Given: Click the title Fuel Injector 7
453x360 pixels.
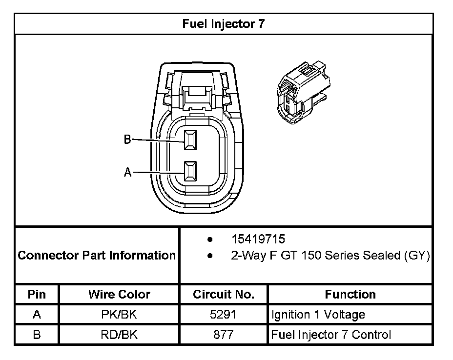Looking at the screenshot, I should pyautogui.click(x=224, y=24).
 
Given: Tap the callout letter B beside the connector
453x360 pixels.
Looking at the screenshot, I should pyautogui.click(x=127, y=140).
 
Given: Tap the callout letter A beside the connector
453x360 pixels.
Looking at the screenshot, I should pyautogui.click(x=128, y=172).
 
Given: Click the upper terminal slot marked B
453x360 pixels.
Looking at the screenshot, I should pyautogui.click(x=190, y=140).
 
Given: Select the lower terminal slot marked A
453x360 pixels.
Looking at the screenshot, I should pyautogui.click(x=190, y=172).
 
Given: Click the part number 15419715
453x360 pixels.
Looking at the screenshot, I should pyautogui.click(x=258, y=240).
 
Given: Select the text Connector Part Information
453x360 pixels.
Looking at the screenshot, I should pyautogui.click(x=97, y=255).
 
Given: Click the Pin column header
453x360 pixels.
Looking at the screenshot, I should pyautogui.click(x=37, y=294).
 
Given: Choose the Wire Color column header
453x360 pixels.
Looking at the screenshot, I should pyautogui.click(x=119, y=294).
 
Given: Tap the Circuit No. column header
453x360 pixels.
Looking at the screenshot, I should pyautogui.click(x=224, y=294).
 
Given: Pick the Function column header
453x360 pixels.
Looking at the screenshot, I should pyautogui.click(x=350, y=294).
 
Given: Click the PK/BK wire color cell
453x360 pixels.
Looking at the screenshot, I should pyautogui.click(x=119, y=315).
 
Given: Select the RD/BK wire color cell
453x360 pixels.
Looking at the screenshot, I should pyautogui.click(x=119, y=335).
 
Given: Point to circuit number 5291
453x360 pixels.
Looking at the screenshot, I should pyautogui.click(x=223, y=315).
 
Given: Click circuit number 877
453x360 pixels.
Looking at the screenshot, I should pyautogui.click(x=223, y=335).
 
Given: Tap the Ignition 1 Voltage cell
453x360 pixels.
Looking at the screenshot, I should pyautogui.click(x=318, y=315).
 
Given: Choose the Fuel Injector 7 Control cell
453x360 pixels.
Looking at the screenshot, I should pyautogui.click(x=331, y=335).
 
